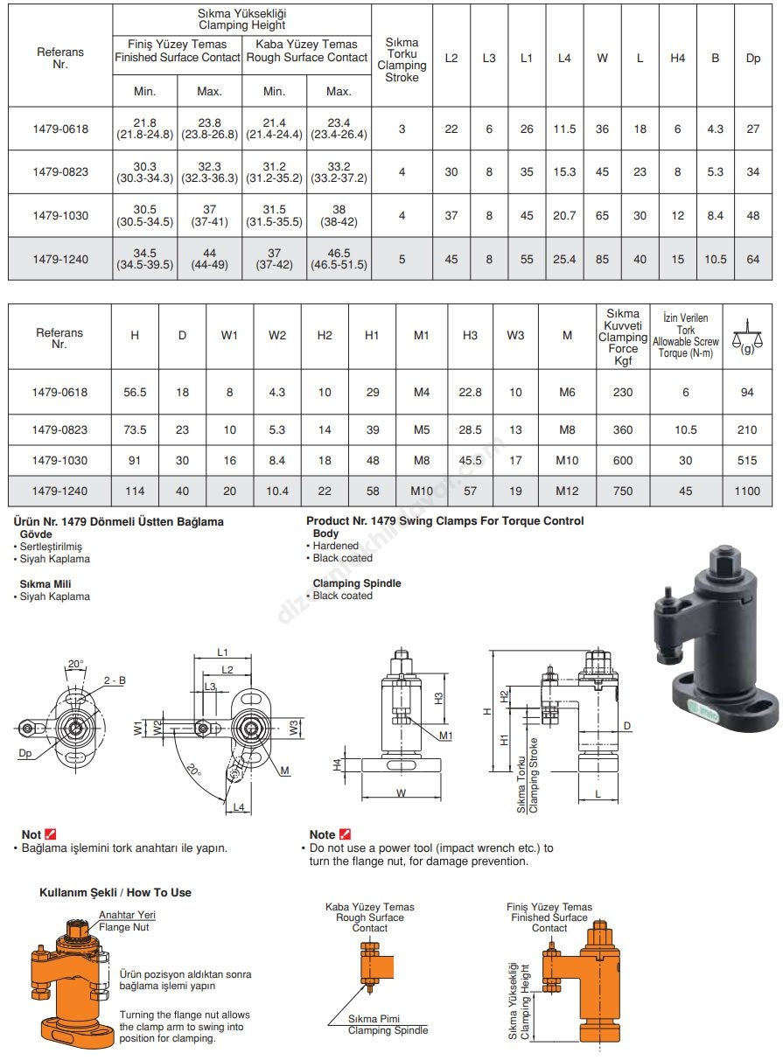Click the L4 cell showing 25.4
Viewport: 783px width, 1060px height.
(564, 258)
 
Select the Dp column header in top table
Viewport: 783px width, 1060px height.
(752, 58)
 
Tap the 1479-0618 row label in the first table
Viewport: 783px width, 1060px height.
(60, 129)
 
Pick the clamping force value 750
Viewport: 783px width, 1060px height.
(623, 492)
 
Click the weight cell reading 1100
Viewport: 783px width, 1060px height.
(747, 492)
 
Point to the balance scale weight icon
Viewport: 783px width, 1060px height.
(747, 333)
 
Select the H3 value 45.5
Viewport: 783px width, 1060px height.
(471, 460)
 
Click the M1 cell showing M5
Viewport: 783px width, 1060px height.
(422, 429)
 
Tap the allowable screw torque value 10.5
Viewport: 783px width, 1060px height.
(685, 429)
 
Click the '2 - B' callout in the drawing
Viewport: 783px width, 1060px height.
(115, 680)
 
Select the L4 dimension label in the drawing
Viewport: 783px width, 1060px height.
(239, 806)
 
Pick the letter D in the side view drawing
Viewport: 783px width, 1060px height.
(627, 726)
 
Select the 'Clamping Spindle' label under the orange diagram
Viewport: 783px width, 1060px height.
(388, 1030)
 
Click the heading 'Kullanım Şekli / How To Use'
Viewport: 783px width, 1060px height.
(115, 892)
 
